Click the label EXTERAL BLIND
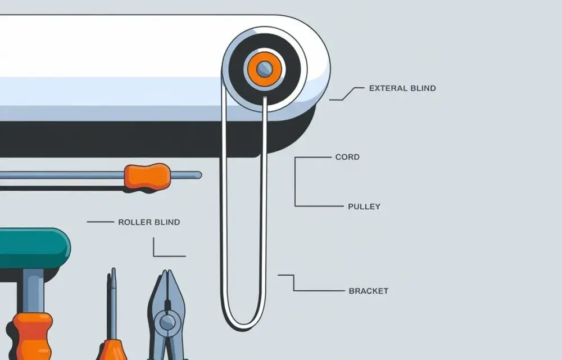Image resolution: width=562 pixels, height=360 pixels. [x=402, y=88]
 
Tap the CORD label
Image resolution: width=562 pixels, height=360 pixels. [x=347, y=157]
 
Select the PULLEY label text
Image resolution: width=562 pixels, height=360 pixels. [x=364, y=206]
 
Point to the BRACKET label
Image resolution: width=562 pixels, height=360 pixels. [x=369, y=291]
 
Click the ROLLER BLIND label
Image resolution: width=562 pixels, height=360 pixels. [x=149, y=222]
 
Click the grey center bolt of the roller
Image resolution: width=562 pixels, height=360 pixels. [x=265, y=68]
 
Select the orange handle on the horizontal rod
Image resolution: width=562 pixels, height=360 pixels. [x=147, y=176]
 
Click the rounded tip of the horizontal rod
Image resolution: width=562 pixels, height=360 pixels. [x=199, y=175]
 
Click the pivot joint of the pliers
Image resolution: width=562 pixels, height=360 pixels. [x=167, y=322]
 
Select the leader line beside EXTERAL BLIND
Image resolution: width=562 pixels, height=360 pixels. [x=347, y=94]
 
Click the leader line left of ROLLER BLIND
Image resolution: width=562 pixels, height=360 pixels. [x=101, y=222]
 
